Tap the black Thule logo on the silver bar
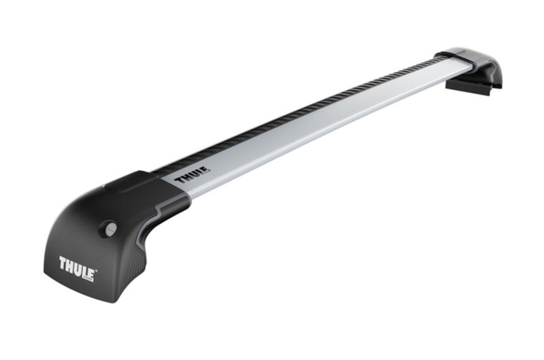192,177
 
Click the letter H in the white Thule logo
71,263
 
